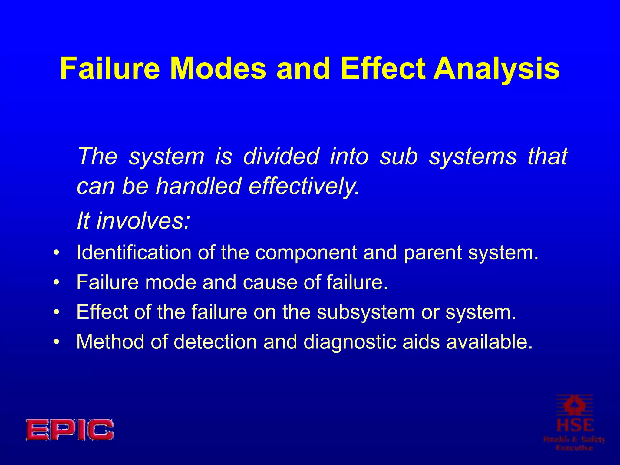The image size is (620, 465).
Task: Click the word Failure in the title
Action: [110, 69]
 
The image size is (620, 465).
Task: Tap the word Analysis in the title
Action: [496, 69]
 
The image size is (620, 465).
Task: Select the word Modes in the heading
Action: [218, 69]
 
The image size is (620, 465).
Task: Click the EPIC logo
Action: [70, 430]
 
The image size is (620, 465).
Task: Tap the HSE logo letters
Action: [575, 425]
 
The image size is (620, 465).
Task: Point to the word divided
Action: [281, 157]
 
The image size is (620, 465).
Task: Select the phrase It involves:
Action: [134, 221]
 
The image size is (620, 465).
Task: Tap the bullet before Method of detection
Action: [56, 342]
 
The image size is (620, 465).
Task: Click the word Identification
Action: [134, 252]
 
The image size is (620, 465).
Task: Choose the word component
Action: [306, 253]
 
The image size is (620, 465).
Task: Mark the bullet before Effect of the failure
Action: [56, 312]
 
